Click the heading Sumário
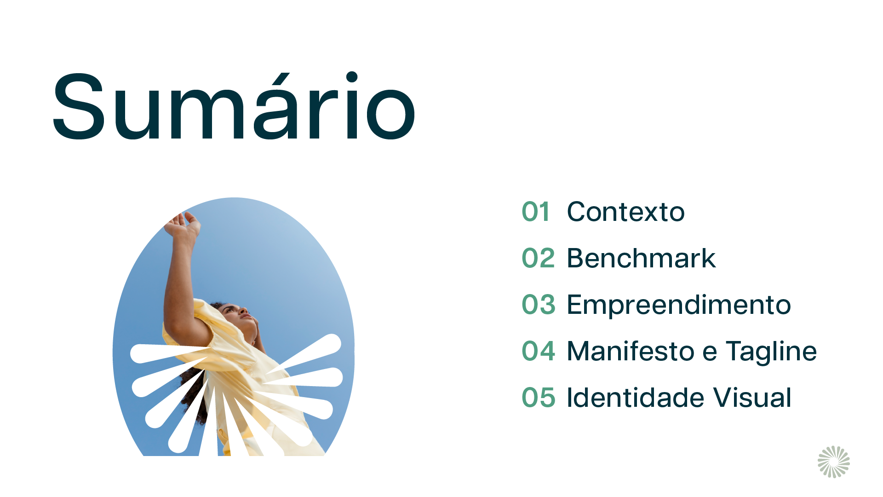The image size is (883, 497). (235, 105)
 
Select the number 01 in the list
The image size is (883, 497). (536, 212)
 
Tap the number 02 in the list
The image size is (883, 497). (538, 258)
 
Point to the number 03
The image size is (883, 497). (539, 305)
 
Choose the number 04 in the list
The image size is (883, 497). (539, 351)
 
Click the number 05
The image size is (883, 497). (539, 398)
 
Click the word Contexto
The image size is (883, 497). (626, 212)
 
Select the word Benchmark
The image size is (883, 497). (642, 258)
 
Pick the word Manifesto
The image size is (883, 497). (631, 351)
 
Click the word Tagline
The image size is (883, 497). (771, 352)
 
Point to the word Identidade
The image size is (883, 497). (636, 397)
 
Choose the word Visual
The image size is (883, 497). (752, 397)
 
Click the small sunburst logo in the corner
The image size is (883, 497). (834, 462)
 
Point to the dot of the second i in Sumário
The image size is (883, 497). (352, 77)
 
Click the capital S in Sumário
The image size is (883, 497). (79, 106)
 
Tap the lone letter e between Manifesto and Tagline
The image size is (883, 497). (710, 353)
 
